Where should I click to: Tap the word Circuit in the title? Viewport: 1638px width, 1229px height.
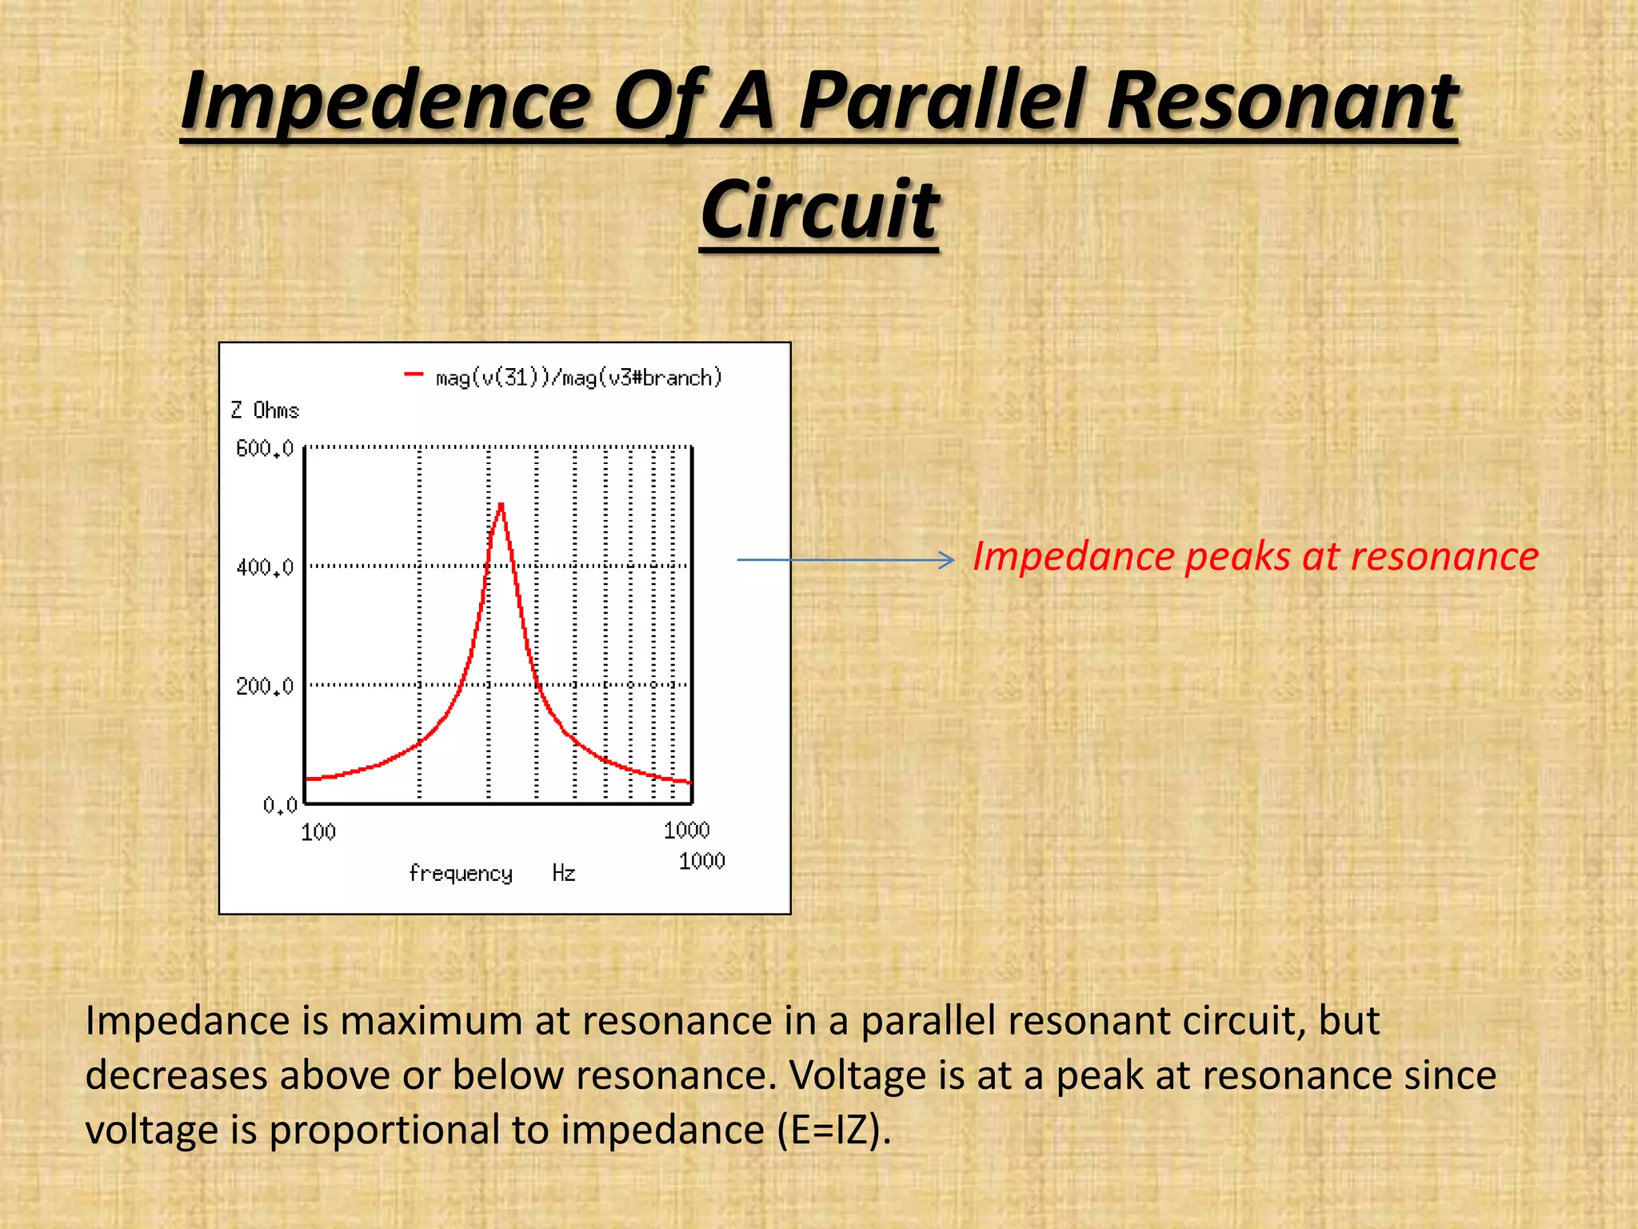819,210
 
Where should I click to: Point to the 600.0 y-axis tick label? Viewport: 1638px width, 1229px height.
265,449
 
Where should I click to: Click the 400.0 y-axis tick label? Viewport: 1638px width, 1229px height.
265,568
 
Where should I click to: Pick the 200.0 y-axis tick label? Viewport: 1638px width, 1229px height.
265,687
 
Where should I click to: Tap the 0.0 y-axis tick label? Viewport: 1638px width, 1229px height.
279,805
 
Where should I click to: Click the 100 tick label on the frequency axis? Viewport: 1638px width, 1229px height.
318,833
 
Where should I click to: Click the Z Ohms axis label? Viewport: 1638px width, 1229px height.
265,410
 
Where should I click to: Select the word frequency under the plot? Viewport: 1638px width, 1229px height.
461,873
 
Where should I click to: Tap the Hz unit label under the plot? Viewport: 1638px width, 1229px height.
564,873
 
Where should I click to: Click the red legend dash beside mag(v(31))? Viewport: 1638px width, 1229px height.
413,374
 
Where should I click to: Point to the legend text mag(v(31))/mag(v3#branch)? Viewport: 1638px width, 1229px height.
578,378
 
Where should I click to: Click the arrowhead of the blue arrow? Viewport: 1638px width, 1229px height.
949,560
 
